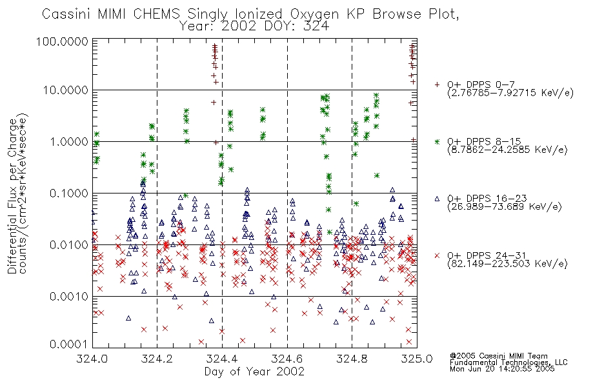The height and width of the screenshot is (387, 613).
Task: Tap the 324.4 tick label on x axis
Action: pos(222,359)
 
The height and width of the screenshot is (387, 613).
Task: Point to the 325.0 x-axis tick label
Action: pos(417,359)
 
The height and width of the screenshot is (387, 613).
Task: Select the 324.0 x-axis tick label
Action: pos(92,359)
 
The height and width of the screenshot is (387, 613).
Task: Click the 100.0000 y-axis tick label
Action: pos(62,41)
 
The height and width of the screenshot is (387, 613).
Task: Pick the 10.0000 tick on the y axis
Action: pos(65,90)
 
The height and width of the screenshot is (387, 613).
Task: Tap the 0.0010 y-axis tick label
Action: pos(69,296)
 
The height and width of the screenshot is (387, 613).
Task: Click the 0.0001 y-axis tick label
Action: pos(69,344)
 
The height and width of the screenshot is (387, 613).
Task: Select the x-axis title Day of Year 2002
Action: pos(254,372)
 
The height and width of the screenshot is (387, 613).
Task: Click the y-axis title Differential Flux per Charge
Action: pos(12,197)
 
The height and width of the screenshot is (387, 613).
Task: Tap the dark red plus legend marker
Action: pos(437,84)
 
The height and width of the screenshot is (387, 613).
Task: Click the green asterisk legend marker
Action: pos(437,141)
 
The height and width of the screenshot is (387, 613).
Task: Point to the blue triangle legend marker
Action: pos(437,199)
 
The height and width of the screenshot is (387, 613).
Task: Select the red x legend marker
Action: pos(437,255)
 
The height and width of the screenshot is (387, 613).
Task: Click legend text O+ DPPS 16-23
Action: pos(487,198)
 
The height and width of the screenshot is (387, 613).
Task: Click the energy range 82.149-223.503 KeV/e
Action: pos(507,263)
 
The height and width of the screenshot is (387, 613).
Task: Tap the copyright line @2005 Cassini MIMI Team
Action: pos(499,356)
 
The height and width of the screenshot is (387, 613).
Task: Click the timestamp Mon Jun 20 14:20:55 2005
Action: pos(502,369)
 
